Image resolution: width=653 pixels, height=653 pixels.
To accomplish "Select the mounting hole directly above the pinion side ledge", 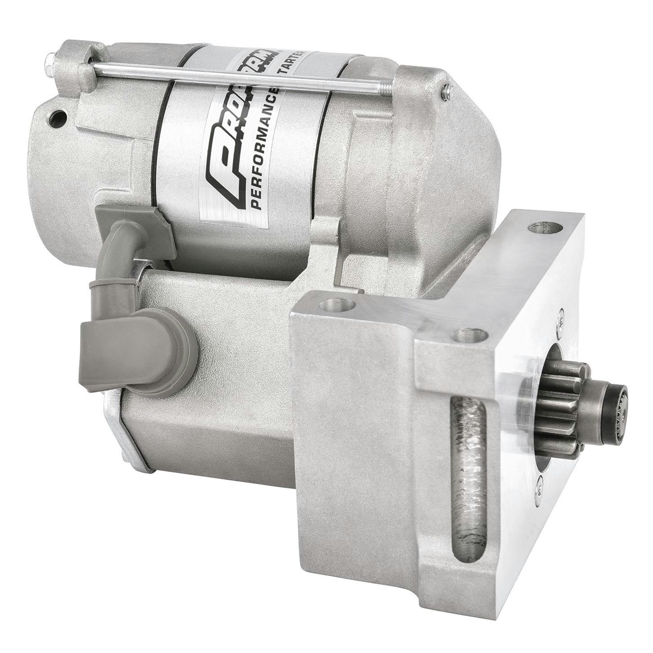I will point(470,335).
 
